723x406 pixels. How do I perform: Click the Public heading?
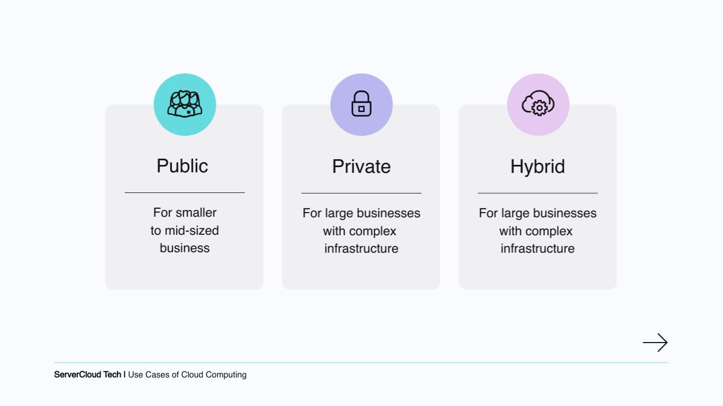[x=183, y=166]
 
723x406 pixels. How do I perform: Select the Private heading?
[x=361, y=167]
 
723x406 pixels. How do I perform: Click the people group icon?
[x=185, y=104]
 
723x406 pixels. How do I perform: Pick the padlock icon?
[x=361, y=103]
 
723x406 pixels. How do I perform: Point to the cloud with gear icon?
[x=538, y=103]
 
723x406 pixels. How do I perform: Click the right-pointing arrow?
[x=655, y=343]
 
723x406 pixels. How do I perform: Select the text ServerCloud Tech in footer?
[x=87, y=374]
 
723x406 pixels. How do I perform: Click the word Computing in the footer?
[x=226, y=375]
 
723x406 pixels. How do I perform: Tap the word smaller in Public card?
[x=196, y=213]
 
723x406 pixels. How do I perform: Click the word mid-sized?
[x=192, y=230]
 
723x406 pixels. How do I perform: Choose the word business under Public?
[x=185, y=248]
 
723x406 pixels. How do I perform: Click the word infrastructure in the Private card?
[x=361, y=248]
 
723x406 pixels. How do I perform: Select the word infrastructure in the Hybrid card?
[x=537, y=248]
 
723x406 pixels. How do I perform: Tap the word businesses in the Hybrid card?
[x=565, y=214]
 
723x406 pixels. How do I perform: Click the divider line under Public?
[x=185, y=192]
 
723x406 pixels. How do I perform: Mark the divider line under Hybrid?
[x=538, y=193]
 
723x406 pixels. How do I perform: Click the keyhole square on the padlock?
[x=361, y=109]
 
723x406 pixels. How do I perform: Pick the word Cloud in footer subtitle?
[x=192, y=375]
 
